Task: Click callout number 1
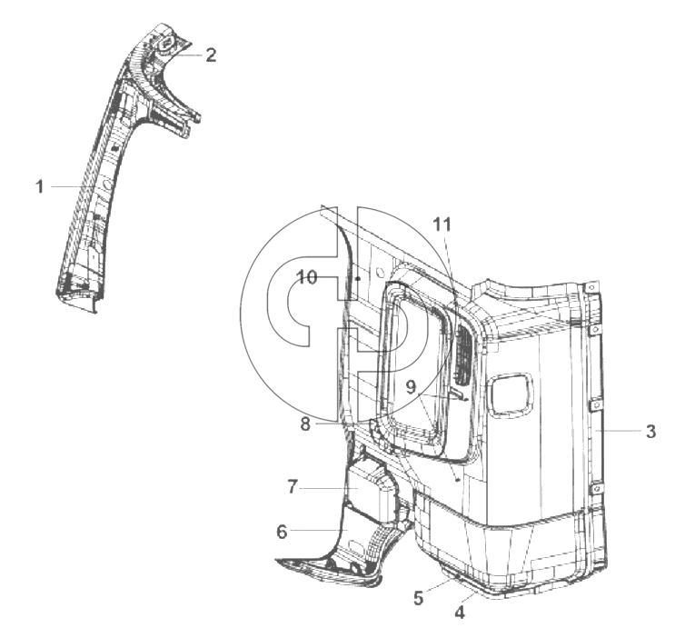40,186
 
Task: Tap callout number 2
211,55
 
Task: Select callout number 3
650,431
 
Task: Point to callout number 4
460,612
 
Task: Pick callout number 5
419,598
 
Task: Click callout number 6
282,532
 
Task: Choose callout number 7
292,487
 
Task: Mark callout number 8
305,424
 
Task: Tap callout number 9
412,387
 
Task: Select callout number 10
307,277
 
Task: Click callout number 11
442,224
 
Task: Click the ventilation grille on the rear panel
462,354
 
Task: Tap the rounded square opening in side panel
510,395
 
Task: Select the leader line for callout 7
329,488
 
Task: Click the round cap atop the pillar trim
167,45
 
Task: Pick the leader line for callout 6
319,530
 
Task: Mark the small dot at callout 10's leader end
357,279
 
